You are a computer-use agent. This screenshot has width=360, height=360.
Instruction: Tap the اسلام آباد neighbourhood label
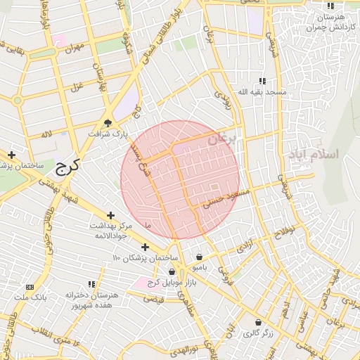pyautogui.click(x=314, y=154)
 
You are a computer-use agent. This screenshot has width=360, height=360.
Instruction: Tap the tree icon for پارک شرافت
pyautogui.click(x=108, y=122)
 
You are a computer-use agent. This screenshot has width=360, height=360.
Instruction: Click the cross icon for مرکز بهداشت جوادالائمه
pyautogui.click(x=110, y=215)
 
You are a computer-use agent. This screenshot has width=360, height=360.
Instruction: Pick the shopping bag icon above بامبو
pyautogui.click(x=200, y=257)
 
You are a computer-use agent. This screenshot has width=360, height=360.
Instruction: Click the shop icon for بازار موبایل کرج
pyautogui.click(x=172, y=271)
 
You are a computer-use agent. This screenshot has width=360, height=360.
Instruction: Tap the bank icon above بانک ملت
pyautogui.click(x=30, y=287)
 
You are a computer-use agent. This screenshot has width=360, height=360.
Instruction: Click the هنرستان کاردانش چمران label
pyautogui.click(x=328, y=22)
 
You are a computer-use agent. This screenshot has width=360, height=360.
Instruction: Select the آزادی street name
pyautogui.click(x=245, y=246)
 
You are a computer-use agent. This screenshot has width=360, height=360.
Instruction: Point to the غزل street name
pyautogui.click(x=74, y=88)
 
